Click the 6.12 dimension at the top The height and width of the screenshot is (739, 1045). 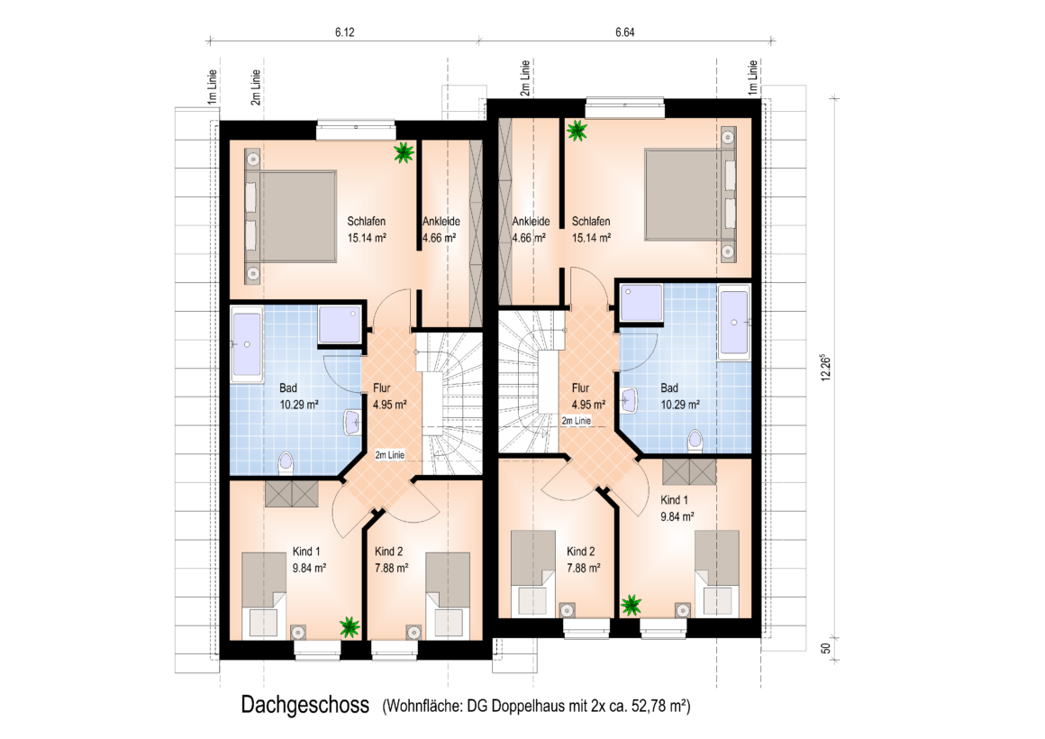click(344, 32)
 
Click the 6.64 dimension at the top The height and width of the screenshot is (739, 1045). click(624, 32)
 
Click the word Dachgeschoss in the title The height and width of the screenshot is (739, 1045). click(304, 705)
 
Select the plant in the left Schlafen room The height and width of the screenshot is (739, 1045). click(404, 152)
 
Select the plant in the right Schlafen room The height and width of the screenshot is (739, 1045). click(577, 131)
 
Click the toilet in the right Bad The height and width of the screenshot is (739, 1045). click(695, 441)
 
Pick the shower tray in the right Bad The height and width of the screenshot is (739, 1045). click(641, 303)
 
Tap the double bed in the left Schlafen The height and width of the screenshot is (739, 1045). click(291, 216)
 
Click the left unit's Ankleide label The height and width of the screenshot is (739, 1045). click(441, 222)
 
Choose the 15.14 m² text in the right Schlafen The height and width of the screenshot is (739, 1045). click(591, 238)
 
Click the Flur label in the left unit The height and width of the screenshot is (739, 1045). click(382, 388)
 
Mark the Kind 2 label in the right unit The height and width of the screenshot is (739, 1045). click(580, 552)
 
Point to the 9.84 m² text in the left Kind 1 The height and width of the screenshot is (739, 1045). click(309, 569)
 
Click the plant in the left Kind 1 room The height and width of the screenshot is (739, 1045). click(350, 627)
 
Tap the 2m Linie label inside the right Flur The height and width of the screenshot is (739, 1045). click(576, 421)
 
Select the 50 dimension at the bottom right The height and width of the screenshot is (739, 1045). click(826, 648)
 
